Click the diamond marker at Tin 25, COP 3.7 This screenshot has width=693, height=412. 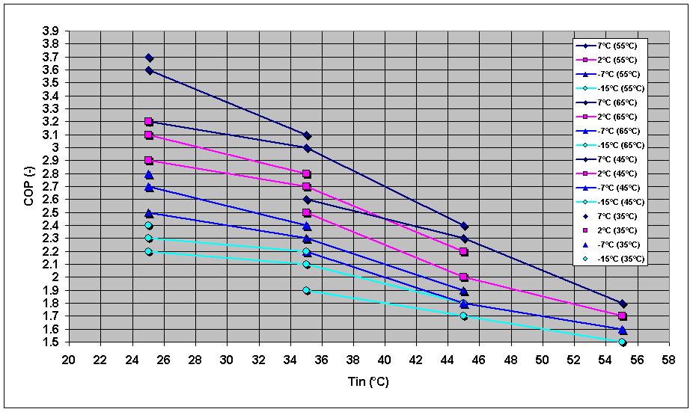[x=149, y=58]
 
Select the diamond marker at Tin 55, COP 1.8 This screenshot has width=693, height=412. [x=623, y=304]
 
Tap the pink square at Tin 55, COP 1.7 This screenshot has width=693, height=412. [x=623, y=316]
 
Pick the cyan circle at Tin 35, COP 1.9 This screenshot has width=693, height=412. [x=306, y=291]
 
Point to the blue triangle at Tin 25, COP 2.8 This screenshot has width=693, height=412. [x=149, y=174]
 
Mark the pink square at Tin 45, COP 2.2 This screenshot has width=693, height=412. [x=463, y=252]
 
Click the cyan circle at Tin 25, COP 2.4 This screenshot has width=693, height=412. [x=148, y=226]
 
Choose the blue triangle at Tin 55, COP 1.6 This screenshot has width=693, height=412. [x=623, y=330]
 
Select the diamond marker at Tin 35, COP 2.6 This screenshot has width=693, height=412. [x=307, y=200]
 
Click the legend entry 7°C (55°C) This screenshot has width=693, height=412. [x=609, y=46]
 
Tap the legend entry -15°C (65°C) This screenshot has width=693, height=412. [x=609, y=145]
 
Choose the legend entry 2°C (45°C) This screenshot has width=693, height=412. [x=609, y=173]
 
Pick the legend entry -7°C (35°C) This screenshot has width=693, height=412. [x=609, y=245]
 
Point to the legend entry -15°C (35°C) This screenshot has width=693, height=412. [x=609, y=259]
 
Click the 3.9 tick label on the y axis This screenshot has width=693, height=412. [x=50, y=31]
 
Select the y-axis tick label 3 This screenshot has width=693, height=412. [x=56, y=148]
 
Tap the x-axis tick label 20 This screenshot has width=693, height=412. [x=69, y=360]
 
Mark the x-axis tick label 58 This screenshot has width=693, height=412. [x=669, y=360]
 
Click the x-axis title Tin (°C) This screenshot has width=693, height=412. [x=368, y=381]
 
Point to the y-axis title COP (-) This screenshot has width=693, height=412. [x=29, y=187]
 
